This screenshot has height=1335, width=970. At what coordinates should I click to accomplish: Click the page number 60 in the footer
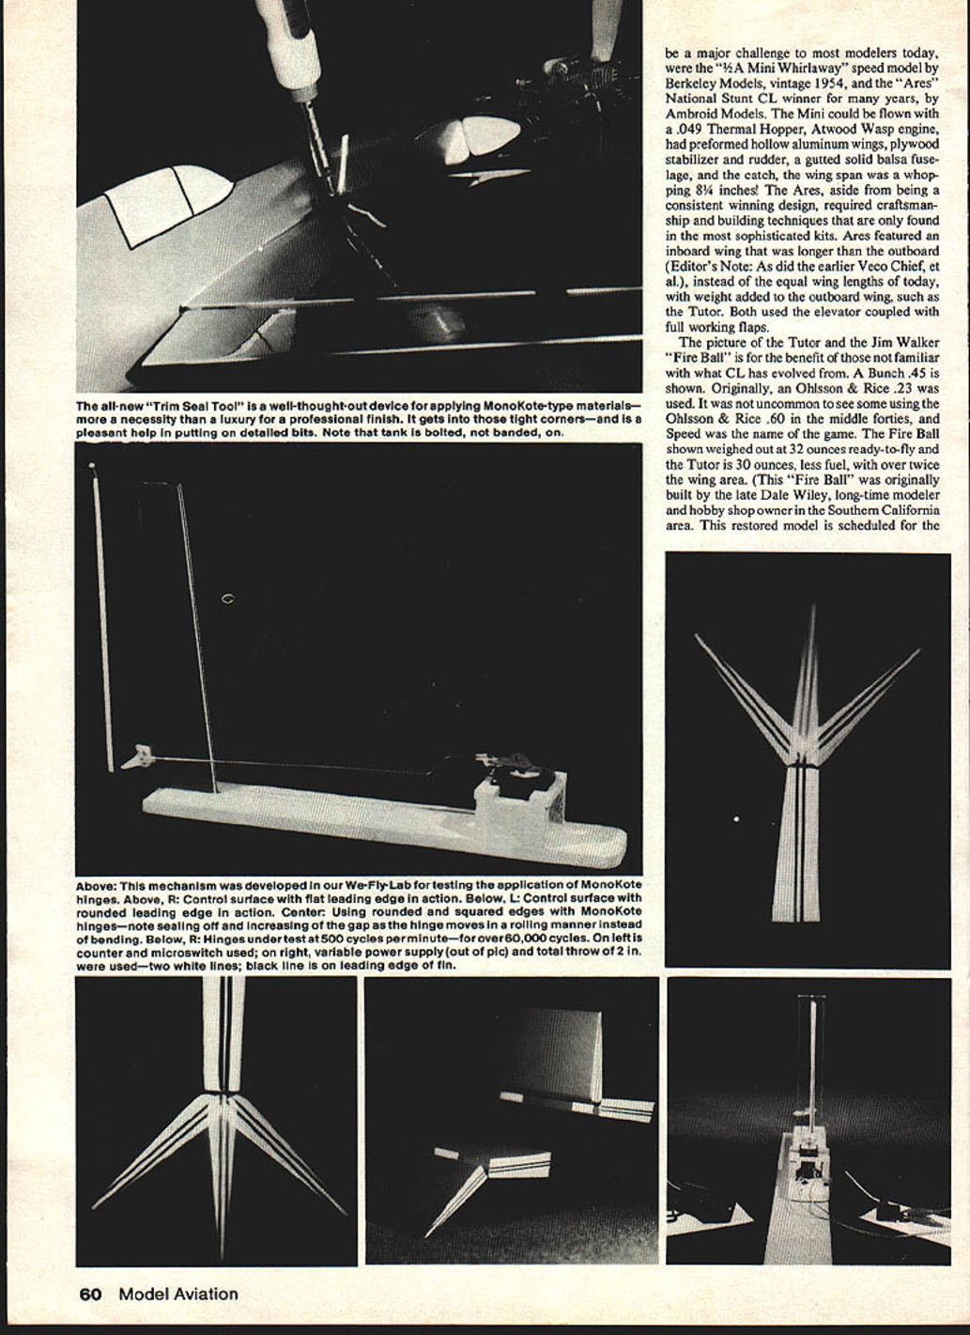pos(90,1294)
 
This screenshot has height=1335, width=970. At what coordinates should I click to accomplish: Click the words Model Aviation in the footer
pos(178,1294)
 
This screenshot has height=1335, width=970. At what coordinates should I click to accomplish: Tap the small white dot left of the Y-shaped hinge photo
pos(735,819)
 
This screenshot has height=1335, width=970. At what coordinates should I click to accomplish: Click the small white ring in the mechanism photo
pos(226,598)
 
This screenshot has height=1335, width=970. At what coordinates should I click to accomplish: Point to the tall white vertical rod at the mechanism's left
pos(102,615)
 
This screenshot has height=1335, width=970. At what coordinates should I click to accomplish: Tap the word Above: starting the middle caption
pos(96,886)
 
